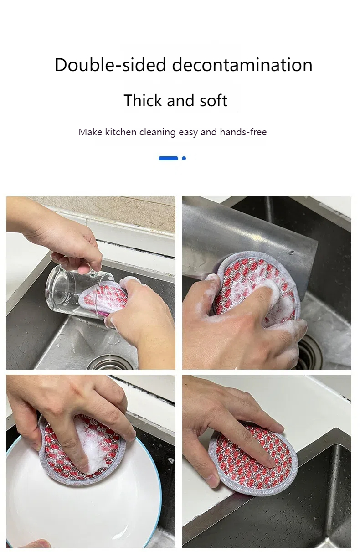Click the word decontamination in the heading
242,65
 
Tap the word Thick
143,100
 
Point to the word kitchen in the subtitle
120,132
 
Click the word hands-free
243,132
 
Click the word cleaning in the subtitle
158,132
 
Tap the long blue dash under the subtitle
168,159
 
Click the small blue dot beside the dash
184,159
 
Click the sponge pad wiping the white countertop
254,459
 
